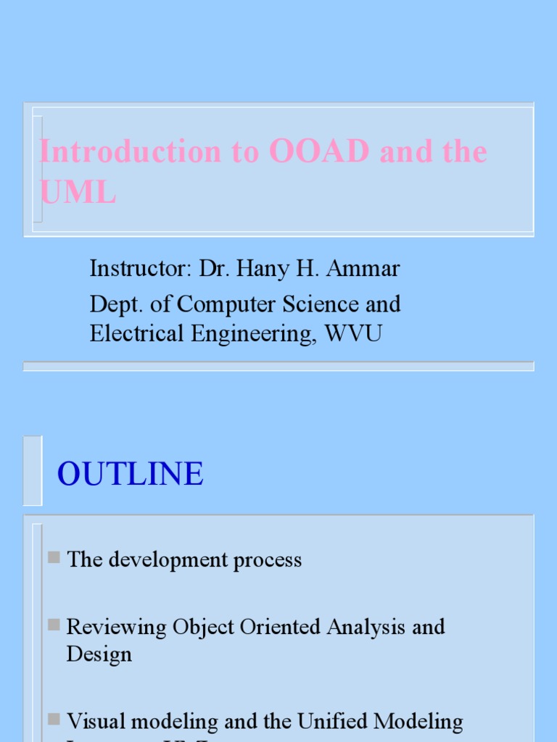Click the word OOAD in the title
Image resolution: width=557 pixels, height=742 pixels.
[x=320, y=151]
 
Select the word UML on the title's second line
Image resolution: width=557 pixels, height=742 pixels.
[x=78, y=193]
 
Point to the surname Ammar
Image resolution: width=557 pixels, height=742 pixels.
[x=363, y=269]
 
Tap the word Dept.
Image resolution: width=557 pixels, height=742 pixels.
[x=112, y=304]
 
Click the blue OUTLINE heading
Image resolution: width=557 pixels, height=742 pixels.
[x=131, y=474]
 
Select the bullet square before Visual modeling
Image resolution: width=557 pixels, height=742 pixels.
[x=54, y=719]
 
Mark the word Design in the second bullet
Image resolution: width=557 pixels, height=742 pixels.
[x=99, y=654]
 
